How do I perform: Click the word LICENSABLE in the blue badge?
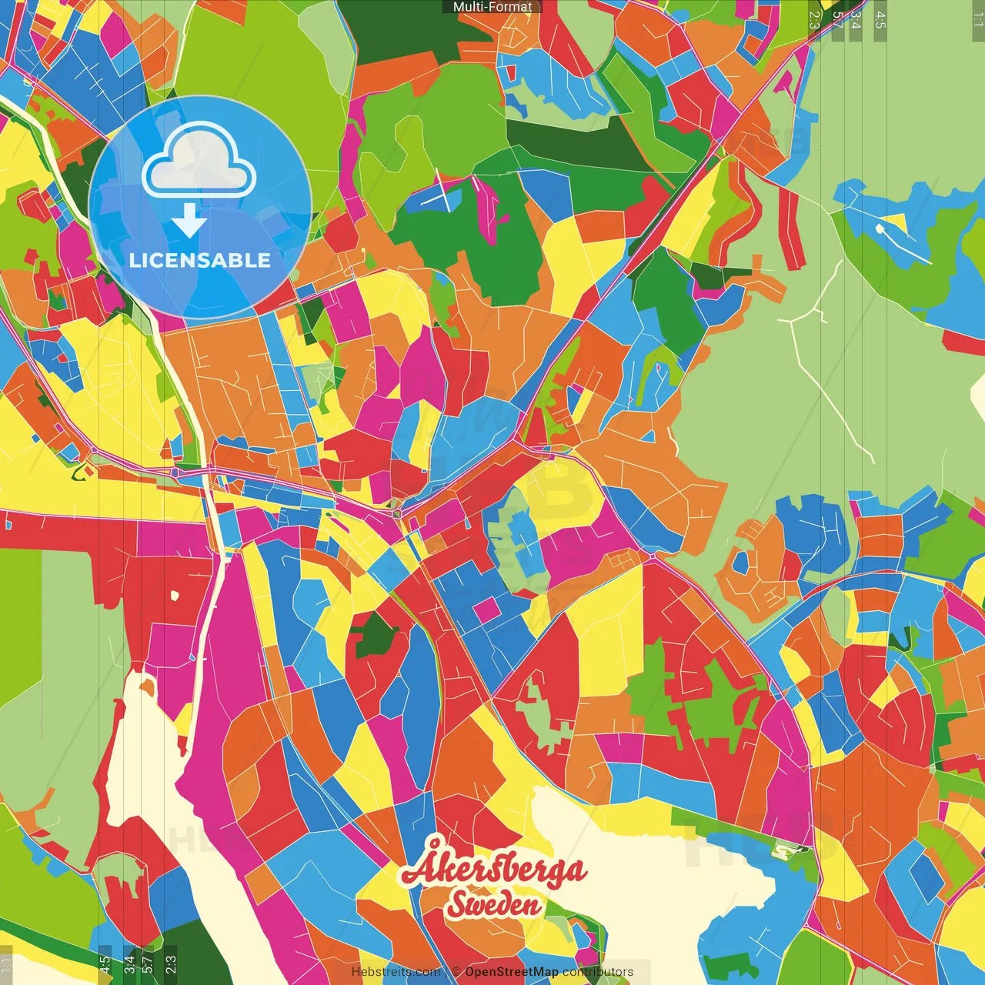coord(200,260)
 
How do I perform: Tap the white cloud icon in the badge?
coord(199,161)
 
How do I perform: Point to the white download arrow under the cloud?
coord(189,220)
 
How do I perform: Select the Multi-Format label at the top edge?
coord(492,7)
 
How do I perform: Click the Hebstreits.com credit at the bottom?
coord(396,972)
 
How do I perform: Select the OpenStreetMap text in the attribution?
coord(511,972)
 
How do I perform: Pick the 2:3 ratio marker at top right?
coord(814,20)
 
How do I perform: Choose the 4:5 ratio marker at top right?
coord(880,20)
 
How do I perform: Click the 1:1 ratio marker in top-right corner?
coord(977,20)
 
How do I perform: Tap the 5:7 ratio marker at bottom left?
coord(147,964)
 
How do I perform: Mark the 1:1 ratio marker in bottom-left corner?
coord(7,964)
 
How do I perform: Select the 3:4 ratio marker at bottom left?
coord(129,964)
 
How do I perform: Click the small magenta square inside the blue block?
coord(486,610)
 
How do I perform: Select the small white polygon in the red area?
coord(174,595)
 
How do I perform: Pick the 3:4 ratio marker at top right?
coord(855,20)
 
